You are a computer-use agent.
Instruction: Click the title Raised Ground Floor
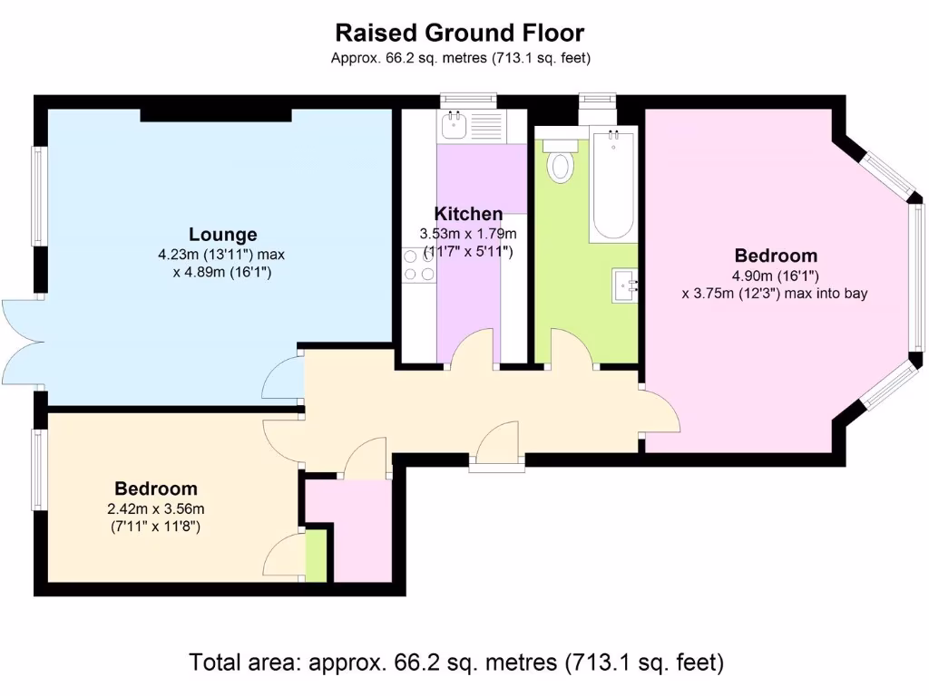coord(460,34)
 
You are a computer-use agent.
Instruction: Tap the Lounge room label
coord(222,235)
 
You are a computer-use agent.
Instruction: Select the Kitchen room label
coord(468,214)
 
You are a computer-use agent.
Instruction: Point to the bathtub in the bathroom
coord(613,186)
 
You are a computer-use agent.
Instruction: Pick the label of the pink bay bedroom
coord(776,256)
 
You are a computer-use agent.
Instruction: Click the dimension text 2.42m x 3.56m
coord(152,508)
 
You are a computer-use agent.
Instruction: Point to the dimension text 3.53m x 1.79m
coord(467,234)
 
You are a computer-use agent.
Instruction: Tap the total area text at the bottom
coord(456,662)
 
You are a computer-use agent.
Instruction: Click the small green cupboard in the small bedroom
coord(316,557)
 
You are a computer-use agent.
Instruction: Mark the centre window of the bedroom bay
coord(918,276)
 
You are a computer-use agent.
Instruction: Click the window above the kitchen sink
coord(467,101)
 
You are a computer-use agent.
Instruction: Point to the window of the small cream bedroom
coord(39,469)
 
